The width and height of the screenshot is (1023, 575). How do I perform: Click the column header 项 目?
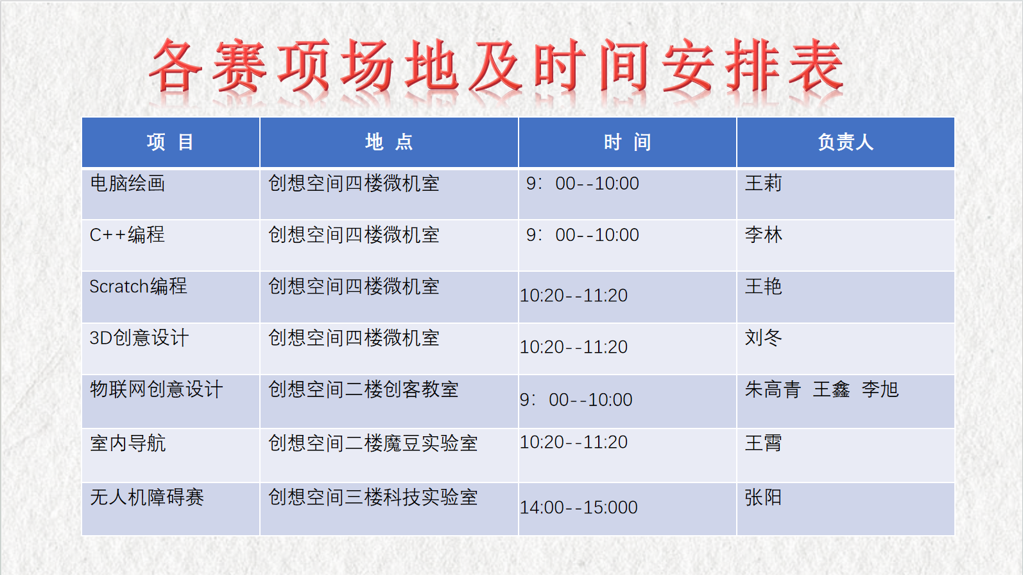[x=170, y=142]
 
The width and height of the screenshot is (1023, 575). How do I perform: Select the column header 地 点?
[x=389, y=142]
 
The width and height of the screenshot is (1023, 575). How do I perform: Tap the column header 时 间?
[x=628, y=142]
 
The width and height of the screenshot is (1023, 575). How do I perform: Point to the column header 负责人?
[x=845, y=142]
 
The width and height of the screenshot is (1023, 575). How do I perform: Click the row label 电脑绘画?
[x=128, y=183]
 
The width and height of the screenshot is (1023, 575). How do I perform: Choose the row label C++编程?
[x=127, y=235]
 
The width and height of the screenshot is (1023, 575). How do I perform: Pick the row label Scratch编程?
[x=139, y=287]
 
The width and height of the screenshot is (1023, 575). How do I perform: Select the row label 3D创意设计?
[x=139, y=338]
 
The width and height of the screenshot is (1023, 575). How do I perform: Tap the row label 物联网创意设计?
[x=156, y=389]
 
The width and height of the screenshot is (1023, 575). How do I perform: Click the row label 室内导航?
[x=128, y=443]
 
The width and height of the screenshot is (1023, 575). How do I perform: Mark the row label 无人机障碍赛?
[x=146, y=497]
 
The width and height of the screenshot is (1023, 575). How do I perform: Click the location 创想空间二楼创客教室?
[x=363, y=389]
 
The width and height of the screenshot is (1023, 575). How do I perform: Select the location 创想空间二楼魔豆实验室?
[x=373, y=443]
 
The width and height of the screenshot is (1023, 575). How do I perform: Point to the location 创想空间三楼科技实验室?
[x=373, y=497]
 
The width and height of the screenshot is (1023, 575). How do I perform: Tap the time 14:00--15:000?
[x=579, y=508]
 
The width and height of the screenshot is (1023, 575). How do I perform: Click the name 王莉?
[x=763, y=183]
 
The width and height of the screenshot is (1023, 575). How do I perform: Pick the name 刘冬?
[x=763, y=338]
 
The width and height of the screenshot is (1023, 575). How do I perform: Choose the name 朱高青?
[x=773, y=389]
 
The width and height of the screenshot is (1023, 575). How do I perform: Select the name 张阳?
[x=763, y=497]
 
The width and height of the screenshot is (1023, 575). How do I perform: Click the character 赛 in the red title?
[x=239, y=66]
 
